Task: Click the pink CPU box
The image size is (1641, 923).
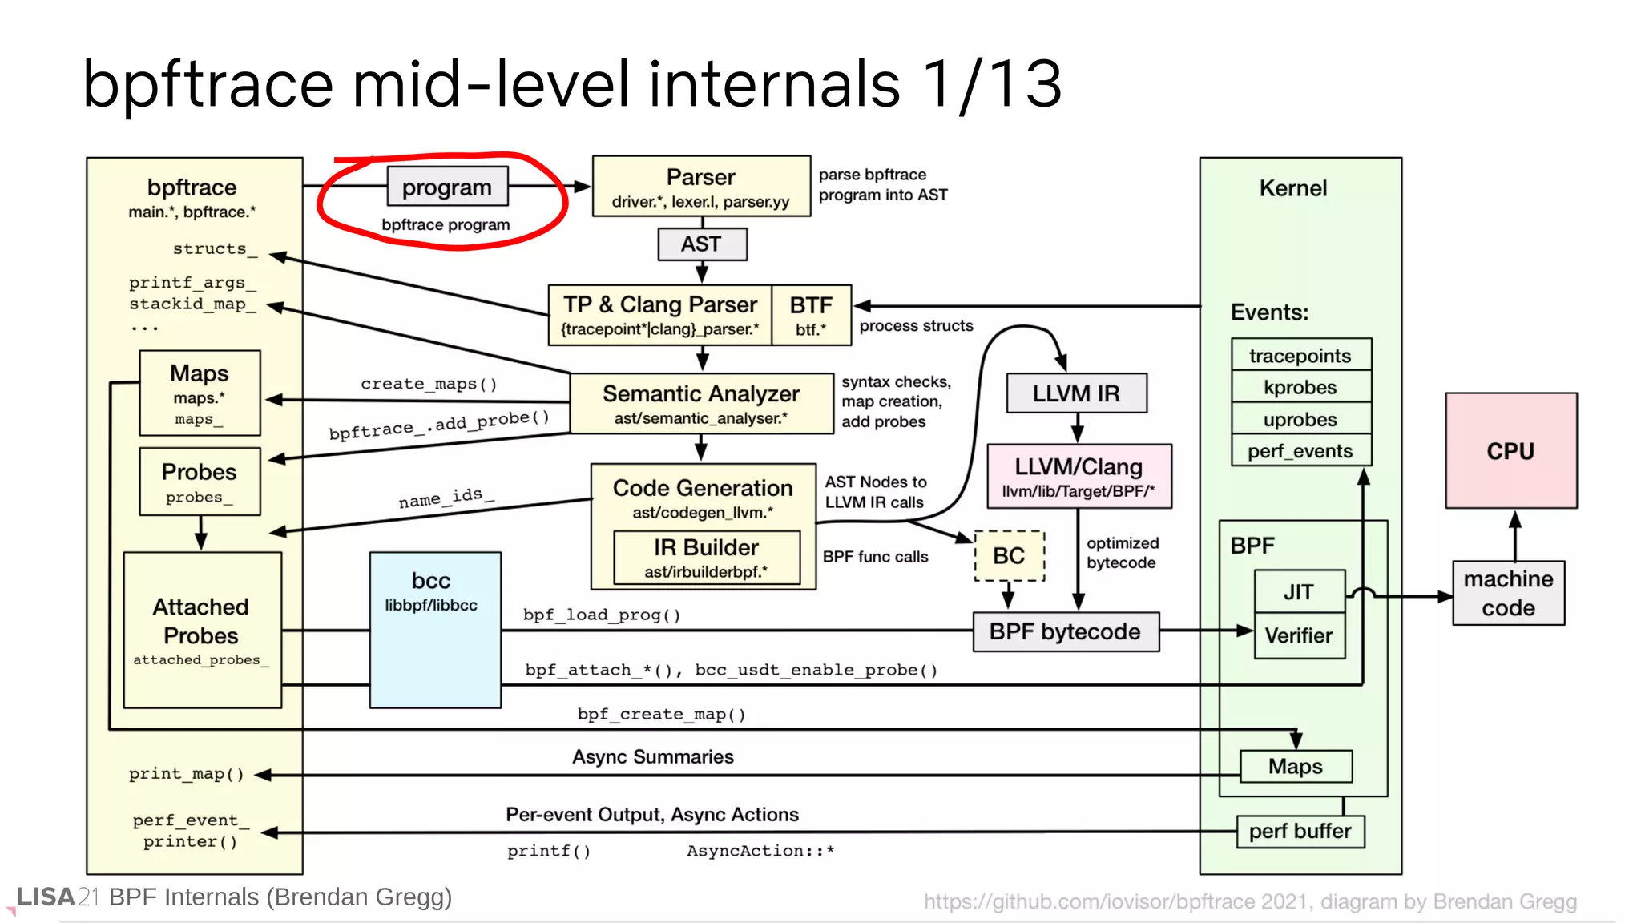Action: [x=1510, y=450]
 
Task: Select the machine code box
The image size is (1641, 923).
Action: [x=1508, y=593]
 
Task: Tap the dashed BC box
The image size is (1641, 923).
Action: [x=1009, y=555]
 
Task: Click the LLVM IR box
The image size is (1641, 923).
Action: [x=1075, y=393]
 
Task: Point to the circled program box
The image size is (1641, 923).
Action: [x=447, y=187]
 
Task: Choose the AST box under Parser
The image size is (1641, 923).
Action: [x=701, y=244]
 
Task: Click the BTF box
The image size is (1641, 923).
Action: [x=811, y=315]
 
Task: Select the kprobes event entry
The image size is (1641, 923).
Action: [x=1300, y=387]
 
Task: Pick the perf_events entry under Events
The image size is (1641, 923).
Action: [x=1300, y=451]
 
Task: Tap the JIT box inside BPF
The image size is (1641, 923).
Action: [x=1298, y=591]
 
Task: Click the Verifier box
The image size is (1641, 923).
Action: [x=1298, y=635]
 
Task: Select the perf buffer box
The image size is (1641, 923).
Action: [x=1300, y=831]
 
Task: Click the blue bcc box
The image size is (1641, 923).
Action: [x=435, y=629]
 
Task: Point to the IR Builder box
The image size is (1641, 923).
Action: [x=706, y=557]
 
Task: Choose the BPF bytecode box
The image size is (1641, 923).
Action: [x=1065, y=631]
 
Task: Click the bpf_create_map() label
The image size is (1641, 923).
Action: [x=662, y=714]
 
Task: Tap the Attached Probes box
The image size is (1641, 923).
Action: [x=202, y=629]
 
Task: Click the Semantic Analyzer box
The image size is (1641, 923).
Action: [x=701, y=403]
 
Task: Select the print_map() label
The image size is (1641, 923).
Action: [x=187, y=774]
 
